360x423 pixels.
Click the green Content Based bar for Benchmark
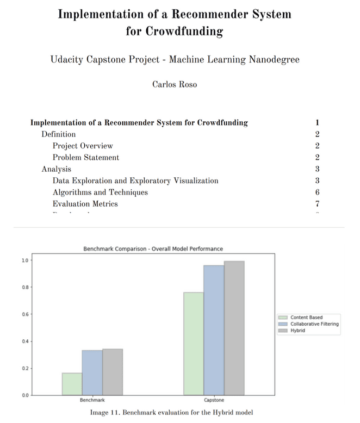click(x=72, y=383)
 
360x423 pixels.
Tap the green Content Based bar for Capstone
click(x=194, y=343)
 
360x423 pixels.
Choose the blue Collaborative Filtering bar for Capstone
click(x=214, y=329)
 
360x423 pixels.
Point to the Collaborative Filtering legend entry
click(x=314, y=324)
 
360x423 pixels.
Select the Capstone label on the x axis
click(x=214, y=400)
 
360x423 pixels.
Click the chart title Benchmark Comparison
click(x=153, y=248)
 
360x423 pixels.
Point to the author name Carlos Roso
click(x=175, y=84)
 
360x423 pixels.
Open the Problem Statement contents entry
click(x=86, y=158)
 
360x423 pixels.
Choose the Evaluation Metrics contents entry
click(x=85, y=204)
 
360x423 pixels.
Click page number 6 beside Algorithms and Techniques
click(x=317, y=192)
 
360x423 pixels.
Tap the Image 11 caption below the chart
click(x=171, y=413)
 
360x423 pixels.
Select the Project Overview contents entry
click(x=83, y=146)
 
